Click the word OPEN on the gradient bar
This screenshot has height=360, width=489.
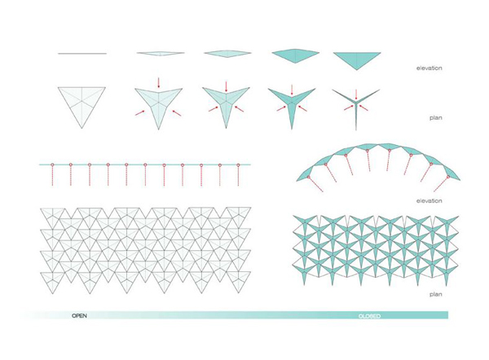79,316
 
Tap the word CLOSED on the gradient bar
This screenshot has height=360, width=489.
369,316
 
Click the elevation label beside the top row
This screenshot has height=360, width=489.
430,68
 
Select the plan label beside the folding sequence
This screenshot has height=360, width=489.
436,118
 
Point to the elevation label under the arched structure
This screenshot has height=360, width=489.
430,200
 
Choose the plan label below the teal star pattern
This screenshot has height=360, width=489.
436,294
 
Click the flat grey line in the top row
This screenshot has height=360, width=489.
82,54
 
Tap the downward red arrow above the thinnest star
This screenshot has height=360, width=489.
356,94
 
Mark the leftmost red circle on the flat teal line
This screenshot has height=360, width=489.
52,165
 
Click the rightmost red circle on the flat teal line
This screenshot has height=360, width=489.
238,165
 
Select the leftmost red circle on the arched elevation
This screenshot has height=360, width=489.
308,178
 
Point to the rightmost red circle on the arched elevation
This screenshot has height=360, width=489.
448,177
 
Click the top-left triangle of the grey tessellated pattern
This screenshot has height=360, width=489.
52,214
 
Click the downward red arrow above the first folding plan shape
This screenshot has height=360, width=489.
158,82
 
